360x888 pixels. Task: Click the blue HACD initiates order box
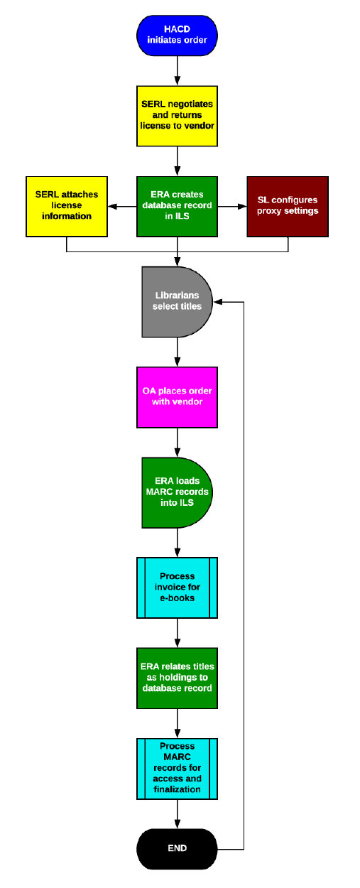coord(177,34)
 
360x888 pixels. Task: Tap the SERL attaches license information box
coord(66,206)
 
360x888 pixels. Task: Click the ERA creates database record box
coord(177,206)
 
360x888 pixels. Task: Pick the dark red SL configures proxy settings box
coord(288,206)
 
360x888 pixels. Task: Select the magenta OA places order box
coord(177,396)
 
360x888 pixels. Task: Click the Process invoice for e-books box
coord(177,587)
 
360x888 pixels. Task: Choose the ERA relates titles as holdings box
coord(177,678)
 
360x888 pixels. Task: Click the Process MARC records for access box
coord(177,769)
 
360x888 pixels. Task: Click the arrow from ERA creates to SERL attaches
coord(121,207)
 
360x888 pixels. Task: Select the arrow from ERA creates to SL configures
coord(232,207)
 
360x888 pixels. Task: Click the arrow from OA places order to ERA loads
coord(177,442)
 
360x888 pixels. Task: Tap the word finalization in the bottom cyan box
coord(177,789)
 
